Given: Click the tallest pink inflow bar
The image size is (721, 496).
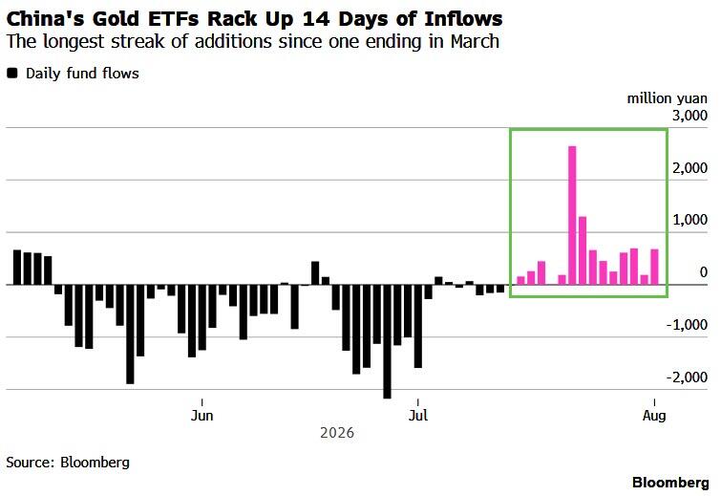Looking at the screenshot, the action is (x=572, y=215).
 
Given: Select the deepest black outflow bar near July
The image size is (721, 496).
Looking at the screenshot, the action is (x=387, y=341).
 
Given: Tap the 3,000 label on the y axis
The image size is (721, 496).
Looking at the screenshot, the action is (x=689, y=115).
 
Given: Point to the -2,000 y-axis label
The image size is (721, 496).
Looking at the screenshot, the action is (x=687, y=377).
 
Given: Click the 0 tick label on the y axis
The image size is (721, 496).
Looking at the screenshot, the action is (x=703, y=272).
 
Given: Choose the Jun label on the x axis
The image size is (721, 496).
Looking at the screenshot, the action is (x=201, y=416).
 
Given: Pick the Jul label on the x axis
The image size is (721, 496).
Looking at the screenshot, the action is (x=418, y=416).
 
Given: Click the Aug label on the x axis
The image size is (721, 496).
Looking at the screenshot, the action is (x=654, y=416).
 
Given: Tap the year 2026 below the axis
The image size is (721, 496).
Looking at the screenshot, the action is (x=337, y=433).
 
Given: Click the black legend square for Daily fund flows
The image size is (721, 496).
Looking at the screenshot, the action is (x=12, y=74).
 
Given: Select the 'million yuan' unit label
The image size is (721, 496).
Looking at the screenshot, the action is (x=668, y=98).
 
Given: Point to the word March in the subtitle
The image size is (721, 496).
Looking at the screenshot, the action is (x=475, y=41).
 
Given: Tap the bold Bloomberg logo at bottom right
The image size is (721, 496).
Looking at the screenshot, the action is (x=670, y=483).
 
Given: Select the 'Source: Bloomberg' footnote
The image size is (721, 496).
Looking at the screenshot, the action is (x=68, y=462).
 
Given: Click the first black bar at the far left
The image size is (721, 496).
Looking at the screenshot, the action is (x=17, y=268).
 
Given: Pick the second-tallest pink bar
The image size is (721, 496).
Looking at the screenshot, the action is (x=583, y=250).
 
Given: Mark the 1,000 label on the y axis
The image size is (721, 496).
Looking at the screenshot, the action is (x=689, y=220).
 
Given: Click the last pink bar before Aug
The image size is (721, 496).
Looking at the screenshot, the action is (x=654, y=267).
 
